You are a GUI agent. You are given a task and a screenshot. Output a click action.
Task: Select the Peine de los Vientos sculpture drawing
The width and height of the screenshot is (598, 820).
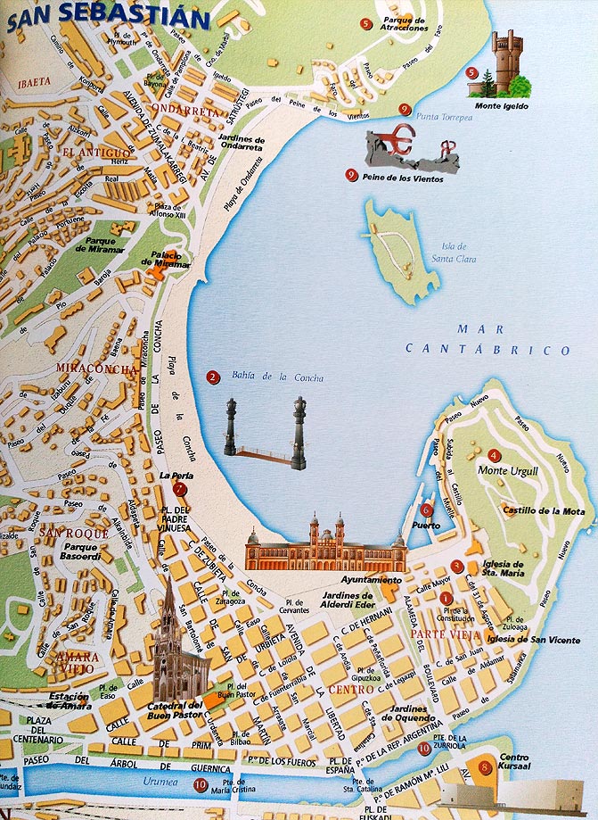pyautogui.click(x=412, y=149)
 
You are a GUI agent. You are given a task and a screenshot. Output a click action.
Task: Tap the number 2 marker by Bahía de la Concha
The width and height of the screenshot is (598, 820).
pyautogui.click(x=212, y=377)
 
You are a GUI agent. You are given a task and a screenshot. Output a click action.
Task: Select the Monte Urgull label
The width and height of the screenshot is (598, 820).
pyautogui.click(x=507, y=470)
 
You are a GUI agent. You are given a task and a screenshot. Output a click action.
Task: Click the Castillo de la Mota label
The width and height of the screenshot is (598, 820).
pyautogui.click(x=531, y=511)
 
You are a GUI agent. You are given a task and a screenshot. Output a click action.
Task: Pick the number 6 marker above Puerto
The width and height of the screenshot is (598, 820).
pyautogui.click(x=426, y=509)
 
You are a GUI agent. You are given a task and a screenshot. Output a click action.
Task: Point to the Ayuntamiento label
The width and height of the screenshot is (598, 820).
pyautogui.click(x=379, y=580)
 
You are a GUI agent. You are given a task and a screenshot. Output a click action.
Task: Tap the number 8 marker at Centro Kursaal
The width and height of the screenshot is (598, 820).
pyautogui.click(x=484, y=766)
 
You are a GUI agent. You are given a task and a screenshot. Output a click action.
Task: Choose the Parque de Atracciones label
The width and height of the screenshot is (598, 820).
pyautogui.click(x=404, y=23)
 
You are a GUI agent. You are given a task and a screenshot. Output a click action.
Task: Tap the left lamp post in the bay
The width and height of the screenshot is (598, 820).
pyautogui.click(x=230, y=427)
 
